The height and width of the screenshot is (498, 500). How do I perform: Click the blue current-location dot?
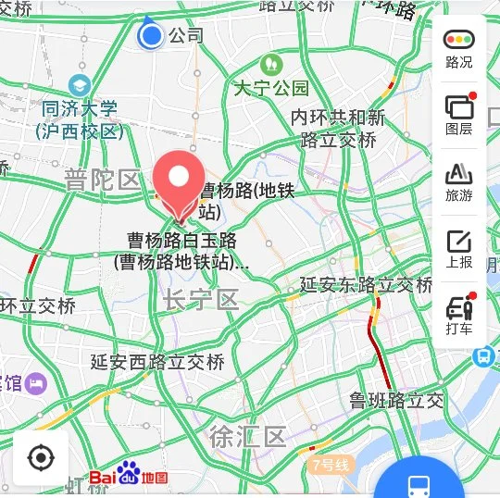pos(150,36)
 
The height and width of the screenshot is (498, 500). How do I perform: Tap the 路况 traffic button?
pos(459,48)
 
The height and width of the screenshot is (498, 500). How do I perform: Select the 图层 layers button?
pos(459,114)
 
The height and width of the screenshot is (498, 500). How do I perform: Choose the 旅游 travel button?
pos(459,181)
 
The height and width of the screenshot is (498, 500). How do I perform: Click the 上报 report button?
pos(459,247)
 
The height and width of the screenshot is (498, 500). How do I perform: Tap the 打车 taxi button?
pos(459,314)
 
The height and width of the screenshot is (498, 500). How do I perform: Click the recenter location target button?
pos(41,457)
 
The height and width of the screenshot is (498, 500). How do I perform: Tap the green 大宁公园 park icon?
pos(271,65)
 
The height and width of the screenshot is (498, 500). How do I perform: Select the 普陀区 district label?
pos(102,180)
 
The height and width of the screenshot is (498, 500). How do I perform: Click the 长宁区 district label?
pos(201,299)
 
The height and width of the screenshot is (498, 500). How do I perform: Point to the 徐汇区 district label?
pos(247,435)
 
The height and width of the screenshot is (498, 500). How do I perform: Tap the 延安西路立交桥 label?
pos(157,361)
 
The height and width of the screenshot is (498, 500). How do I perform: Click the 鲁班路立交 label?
pos(396,401)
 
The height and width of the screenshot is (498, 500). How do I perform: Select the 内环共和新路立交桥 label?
pos(338,129)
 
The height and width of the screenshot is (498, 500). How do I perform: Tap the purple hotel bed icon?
pos(36,382)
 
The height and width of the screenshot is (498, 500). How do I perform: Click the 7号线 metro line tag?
pos(331,464)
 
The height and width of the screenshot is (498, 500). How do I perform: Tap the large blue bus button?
pos(419,484)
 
